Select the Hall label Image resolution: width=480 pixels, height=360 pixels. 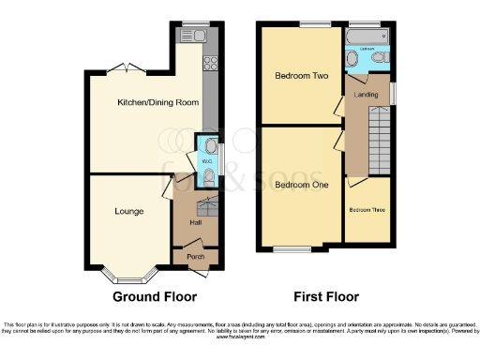pyautogui.click(x=196, y=223)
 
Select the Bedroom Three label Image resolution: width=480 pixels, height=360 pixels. pyautogui.click(x=367, y=209)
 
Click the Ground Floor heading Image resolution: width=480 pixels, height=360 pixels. pyautogui.click(x=155, y=297)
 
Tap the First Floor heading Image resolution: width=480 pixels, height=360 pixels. pyautogui.click(x=326, y=297)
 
